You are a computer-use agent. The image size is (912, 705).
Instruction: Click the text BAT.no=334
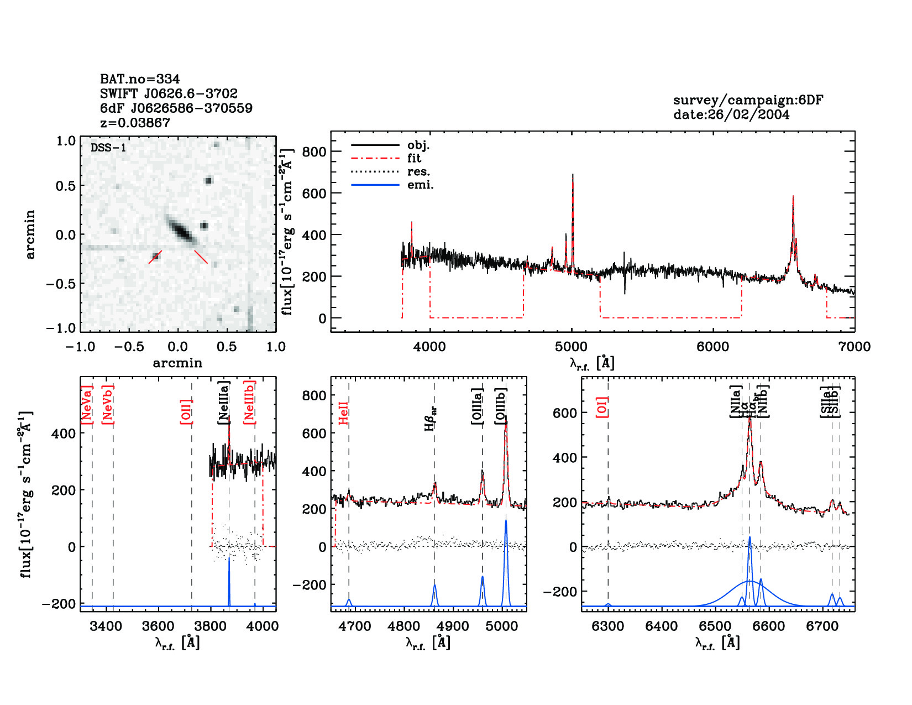140,79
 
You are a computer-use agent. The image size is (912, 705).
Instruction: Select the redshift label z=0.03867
135,123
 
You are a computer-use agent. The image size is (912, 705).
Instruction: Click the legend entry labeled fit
414,158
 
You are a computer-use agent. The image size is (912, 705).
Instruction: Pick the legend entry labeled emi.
420,185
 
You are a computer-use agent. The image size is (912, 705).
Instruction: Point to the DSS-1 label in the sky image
108,148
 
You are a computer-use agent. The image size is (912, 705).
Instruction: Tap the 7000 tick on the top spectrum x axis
854,347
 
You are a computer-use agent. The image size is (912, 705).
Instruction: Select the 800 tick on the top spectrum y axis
315,152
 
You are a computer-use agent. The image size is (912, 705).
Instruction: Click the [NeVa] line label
87,405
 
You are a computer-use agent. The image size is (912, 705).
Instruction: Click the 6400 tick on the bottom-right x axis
662,626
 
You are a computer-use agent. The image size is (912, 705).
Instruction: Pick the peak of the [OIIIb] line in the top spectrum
573,175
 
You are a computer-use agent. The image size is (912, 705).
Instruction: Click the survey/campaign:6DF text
748,100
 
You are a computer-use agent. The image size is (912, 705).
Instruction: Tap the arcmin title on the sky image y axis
30,234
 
